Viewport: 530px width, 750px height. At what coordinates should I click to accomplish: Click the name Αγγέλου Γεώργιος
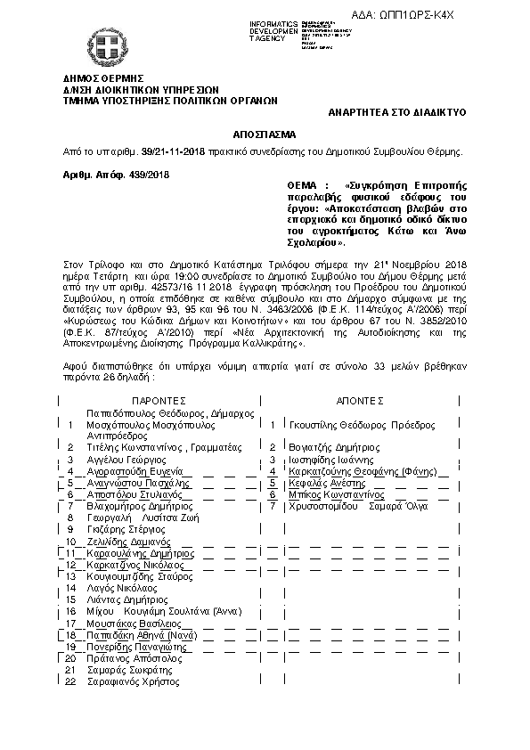pos(126,458)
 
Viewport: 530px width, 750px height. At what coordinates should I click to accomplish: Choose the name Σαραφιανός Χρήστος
pos(128,681)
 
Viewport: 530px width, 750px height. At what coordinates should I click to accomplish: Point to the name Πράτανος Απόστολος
pos(130,657)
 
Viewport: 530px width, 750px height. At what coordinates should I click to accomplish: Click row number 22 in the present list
pos(69,681)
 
